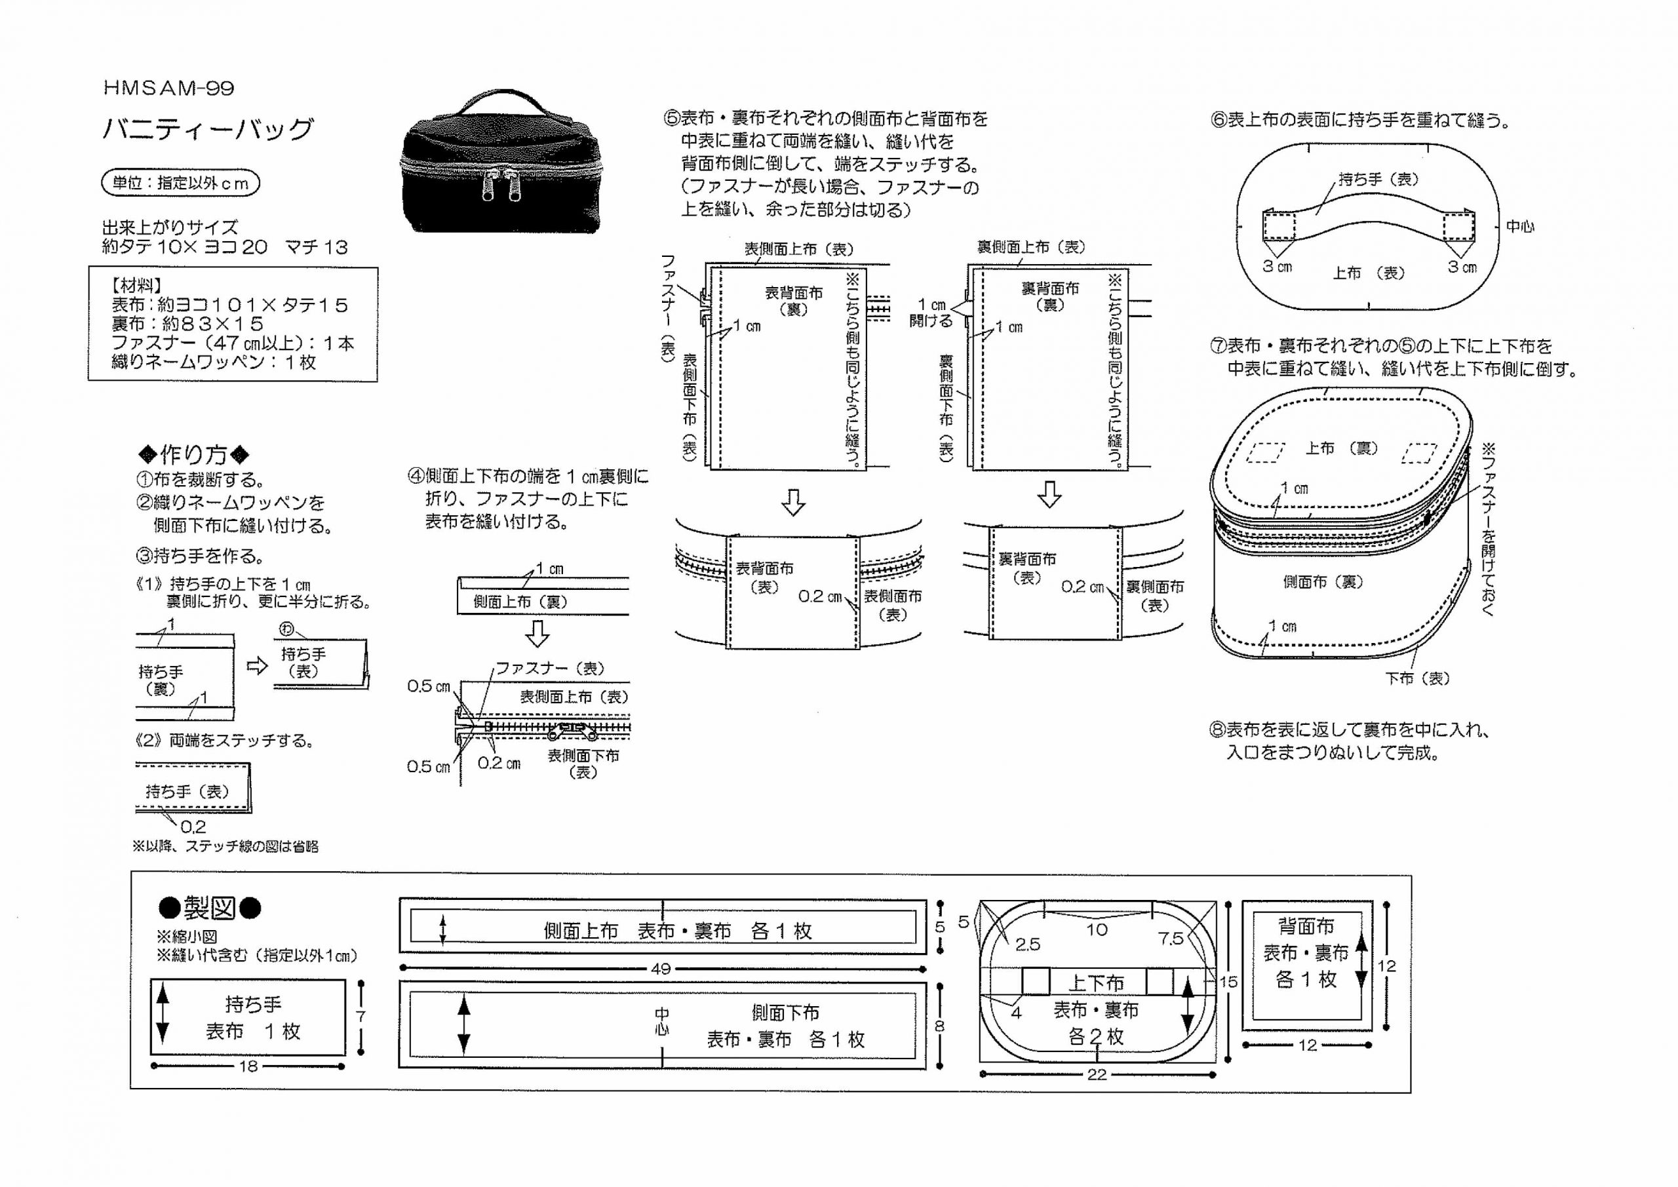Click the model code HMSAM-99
tap(169, 88)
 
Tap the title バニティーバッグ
tap(208, 129)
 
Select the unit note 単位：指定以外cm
tap(180, 183)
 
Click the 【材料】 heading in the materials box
tap(137, 286)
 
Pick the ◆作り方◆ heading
tap(195, 455)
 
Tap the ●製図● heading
tap(210, 908)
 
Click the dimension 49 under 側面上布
tap(660, 969)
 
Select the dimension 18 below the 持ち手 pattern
tap(248, 1066)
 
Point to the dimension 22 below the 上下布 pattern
tap(1096, 1074)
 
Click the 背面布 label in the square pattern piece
tap(1305, 926)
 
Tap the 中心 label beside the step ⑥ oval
tap(1520, 227)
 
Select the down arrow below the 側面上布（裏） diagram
tap(538, 634)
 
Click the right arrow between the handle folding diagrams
tap(257, 666)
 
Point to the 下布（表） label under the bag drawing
tap(1417, 678)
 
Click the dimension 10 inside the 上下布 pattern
tap(1096, 929)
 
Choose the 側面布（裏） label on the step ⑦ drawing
tap(1323, 582)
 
